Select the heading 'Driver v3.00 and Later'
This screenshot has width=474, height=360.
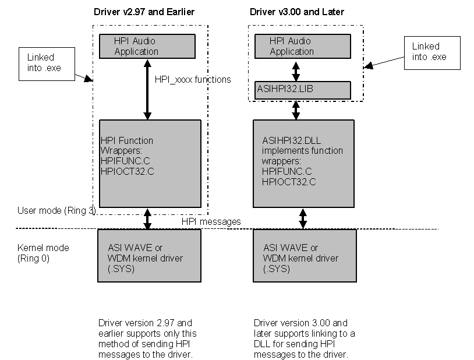click(296, 12)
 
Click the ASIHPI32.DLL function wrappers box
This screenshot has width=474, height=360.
click(303, 163)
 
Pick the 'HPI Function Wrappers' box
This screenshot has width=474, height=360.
click(150, 163)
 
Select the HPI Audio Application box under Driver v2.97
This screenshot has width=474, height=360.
click(150, 47)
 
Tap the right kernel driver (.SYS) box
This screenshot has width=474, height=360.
click(303, 255)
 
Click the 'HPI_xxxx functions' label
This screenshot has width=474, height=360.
click(193, 79)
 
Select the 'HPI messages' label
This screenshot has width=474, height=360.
click(211, 222)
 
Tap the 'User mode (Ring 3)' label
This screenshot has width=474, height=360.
click(56, 210)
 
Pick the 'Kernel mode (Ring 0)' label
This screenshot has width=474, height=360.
click(43, 252)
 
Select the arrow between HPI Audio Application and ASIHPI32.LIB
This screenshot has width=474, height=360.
click(296, 70)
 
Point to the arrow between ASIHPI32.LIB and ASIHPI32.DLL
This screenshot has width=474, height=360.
click(296, 110)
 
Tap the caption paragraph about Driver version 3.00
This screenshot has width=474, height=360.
click(304, 338)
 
